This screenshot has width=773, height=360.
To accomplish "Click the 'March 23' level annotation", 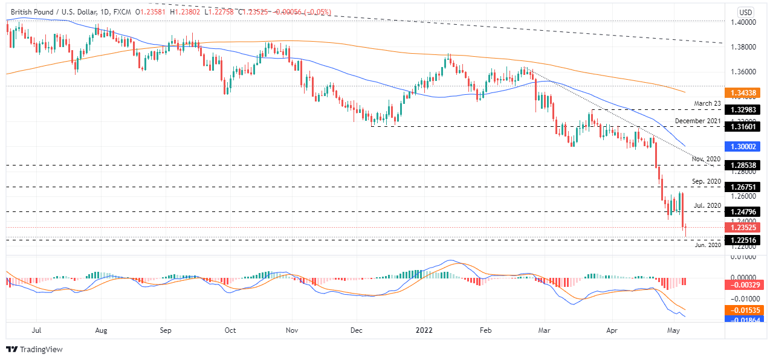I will [x=707, y=103].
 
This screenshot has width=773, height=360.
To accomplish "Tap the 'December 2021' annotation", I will [x=698, y=121].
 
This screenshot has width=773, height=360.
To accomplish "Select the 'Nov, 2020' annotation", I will [x=706, y=159].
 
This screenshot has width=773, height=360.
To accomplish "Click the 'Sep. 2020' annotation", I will [x=707, y=181].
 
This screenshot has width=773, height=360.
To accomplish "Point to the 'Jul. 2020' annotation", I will [x=708, y=205].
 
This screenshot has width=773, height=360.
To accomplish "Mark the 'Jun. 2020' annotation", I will [x=707, y=245].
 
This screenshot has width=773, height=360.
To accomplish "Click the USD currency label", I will [x=746, y=12].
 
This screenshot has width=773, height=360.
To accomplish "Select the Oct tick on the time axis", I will [x=230, y=330].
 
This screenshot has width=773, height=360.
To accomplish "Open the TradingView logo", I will [x=34, y=349].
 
